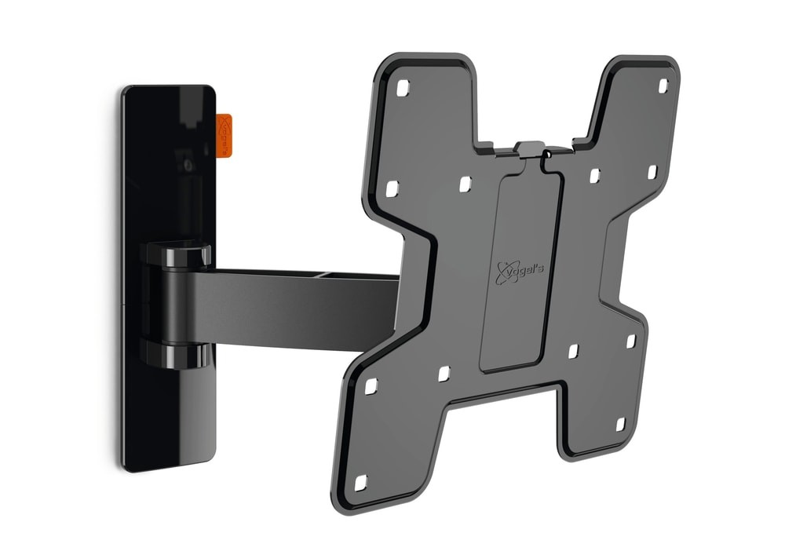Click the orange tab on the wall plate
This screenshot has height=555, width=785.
click(224, 135)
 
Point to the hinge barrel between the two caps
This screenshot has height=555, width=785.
click(170, 305)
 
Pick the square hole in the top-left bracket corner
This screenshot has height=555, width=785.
click(403, 89)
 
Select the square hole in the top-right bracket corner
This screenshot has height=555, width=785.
click(662, 86)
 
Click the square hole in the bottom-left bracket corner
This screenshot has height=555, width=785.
click(360, 482)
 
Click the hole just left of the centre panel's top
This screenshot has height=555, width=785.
click(466, 183)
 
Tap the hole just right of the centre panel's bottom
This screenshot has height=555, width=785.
click(573, 350)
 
